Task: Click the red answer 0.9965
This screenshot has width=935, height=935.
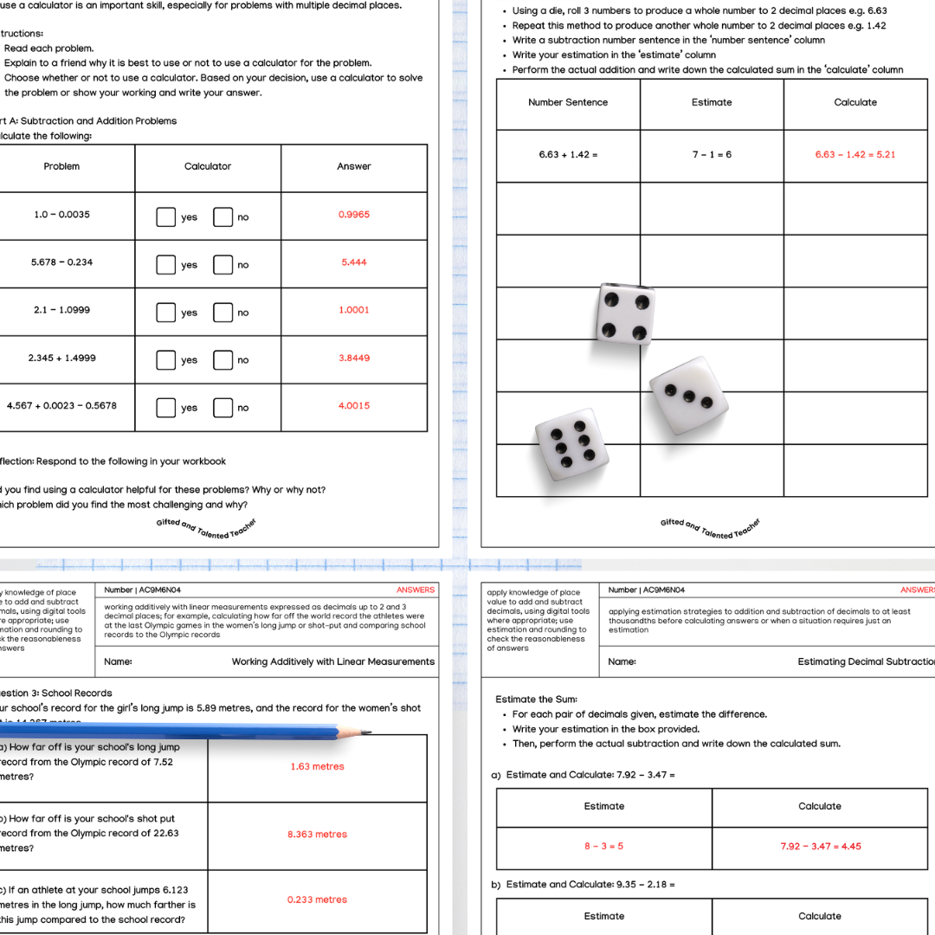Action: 353,215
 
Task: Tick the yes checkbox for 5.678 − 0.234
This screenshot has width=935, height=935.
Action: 165,265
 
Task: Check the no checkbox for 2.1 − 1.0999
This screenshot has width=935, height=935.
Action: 222,313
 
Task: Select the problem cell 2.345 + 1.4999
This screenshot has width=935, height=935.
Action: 62,358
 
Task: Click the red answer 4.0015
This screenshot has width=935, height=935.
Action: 353,405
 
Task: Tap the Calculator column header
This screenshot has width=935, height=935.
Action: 208,166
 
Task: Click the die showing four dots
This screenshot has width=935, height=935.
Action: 625,313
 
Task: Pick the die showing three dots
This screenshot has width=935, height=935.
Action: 689,395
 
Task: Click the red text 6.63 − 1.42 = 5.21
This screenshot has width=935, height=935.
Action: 854,155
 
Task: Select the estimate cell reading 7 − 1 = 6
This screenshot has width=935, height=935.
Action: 712,155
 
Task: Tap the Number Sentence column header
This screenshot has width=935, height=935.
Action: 568,102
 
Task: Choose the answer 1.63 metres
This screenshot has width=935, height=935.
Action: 317,766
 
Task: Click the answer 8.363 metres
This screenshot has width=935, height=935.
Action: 317,835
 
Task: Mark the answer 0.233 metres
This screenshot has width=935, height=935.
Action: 317,900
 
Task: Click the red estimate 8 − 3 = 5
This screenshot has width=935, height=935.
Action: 603,846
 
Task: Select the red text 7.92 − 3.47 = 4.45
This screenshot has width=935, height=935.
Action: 820,846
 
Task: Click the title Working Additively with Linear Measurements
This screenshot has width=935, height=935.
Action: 332,661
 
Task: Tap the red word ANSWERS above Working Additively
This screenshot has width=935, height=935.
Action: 416,590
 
